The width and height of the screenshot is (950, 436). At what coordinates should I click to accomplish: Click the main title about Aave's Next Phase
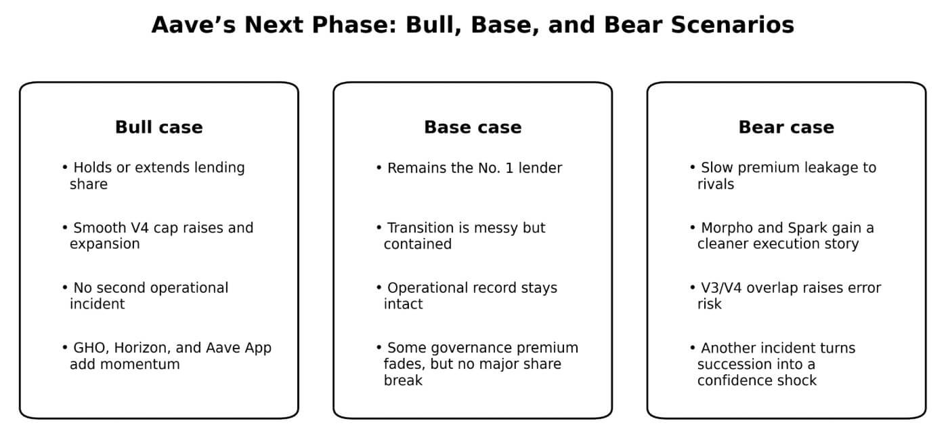click(x=473, y=25)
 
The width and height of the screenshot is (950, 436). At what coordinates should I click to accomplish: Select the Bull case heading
click(x=158, y=127)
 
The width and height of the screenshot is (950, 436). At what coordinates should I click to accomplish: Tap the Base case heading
click(x=473, y=127)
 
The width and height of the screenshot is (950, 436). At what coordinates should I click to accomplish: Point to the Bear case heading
click(x=786, y=127)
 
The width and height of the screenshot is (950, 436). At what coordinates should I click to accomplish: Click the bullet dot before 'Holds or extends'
click(x=65, y=167)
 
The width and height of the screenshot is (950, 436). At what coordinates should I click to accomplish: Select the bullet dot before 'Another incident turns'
click(x=693, y=348)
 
